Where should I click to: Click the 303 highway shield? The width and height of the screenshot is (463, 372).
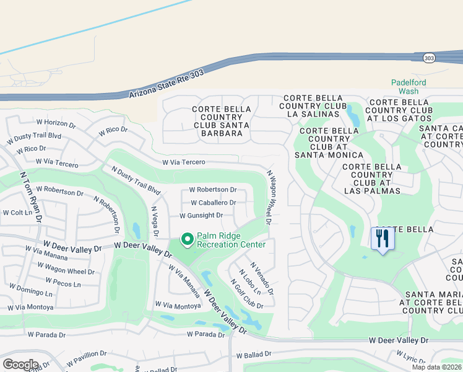[x=429, y=58]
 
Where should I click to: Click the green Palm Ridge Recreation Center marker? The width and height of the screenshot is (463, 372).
[x=186, y=239]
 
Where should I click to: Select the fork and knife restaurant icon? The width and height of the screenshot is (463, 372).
[x=382, y=238]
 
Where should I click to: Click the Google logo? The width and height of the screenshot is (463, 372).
[x=20, y=364]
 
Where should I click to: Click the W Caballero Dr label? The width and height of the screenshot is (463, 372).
[x=213, y=203]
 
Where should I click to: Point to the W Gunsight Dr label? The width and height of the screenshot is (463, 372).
[x=201, y=215]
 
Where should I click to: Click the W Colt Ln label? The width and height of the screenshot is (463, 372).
[x=17, y=212]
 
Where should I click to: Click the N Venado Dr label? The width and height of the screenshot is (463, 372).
[x=262, y=279]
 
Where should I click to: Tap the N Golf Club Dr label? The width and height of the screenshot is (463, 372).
[x=247, y=294]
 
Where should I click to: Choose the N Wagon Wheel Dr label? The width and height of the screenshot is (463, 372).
[x=269, y=197]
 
